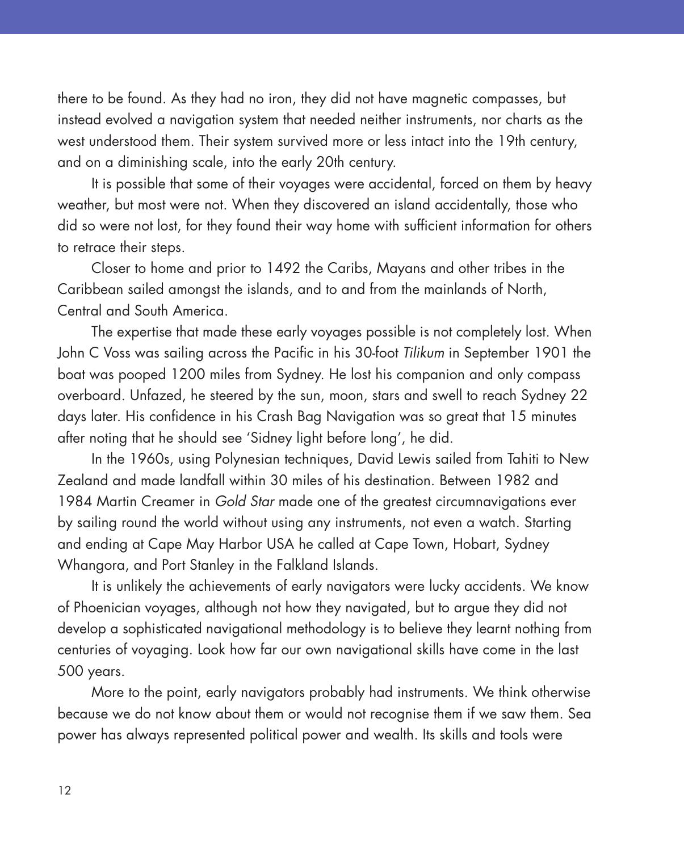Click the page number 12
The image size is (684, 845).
(x=64, y=791)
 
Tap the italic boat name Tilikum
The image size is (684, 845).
(x=423, y=353)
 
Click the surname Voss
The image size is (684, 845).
(x=116, y=353)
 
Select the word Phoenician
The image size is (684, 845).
(x=107, y=608)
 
